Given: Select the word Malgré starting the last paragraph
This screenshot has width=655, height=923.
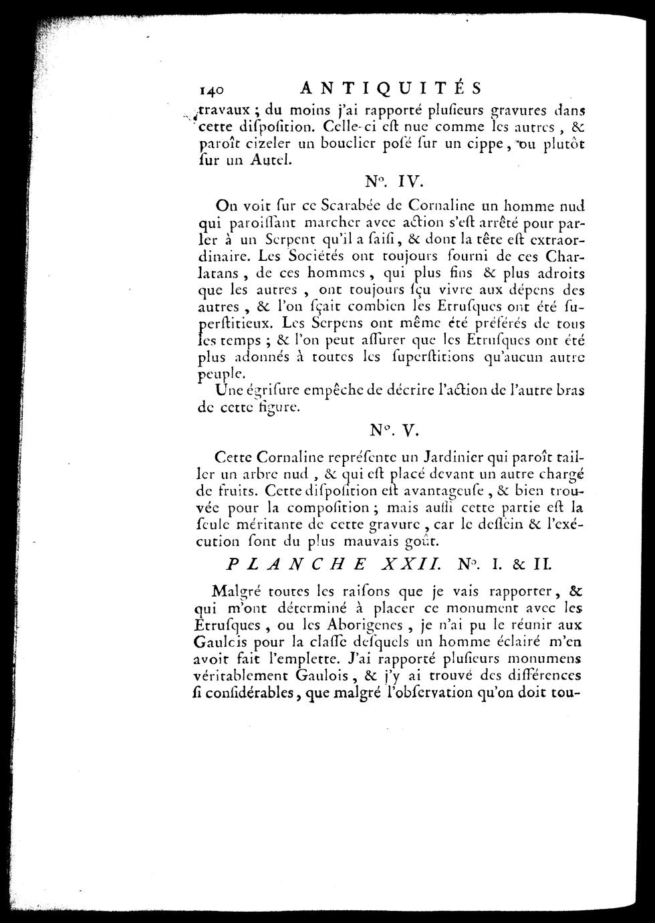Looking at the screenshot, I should click(234, 591).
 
